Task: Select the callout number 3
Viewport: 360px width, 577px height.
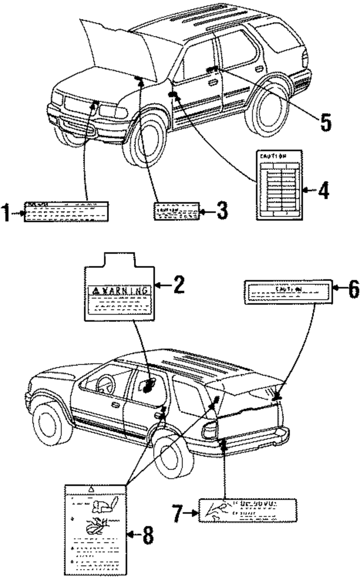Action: tap(222, 211)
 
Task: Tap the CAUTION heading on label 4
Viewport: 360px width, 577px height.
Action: tap(274, 156)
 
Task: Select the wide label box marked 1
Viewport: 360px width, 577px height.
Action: tap(66, 212)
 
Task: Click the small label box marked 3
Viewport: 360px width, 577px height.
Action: tap(176, 211)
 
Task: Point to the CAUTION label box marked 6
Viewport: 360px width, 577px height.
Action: tap(288, 291)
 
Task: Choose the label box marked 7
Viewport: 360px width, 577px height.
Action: tap(248, 510)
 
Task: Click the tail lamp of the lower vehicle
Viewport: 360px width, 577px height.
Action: tap(210, 429)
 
